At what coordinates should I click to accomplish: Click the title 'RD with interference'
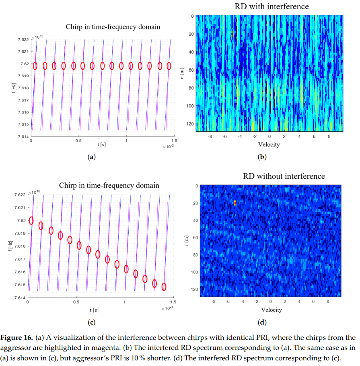coord(272,6)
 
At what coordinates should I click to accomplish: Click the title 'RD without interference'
coord(284,176)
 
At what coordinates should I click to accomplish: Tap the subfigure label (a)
coord(91,157)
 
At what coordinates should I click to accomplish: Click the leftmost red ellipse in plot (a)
coord(35,66)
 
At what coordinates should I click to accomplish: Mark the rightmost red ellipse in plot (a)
coord(169,66)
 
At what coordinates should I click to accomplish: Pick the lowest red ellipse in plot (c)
coord(164,287)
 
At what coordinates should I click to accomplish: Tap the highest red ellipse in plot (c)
coord(31,221)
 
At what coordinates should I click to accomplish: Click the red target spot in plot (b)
coord(232,34)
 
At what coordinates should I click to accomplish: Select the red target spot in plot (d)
coord(235,203)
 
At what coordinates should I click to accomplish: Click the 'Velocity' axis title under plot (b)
coord(269,144)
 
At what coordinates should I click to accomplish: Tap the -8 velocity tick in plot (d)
coord(213,302)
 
